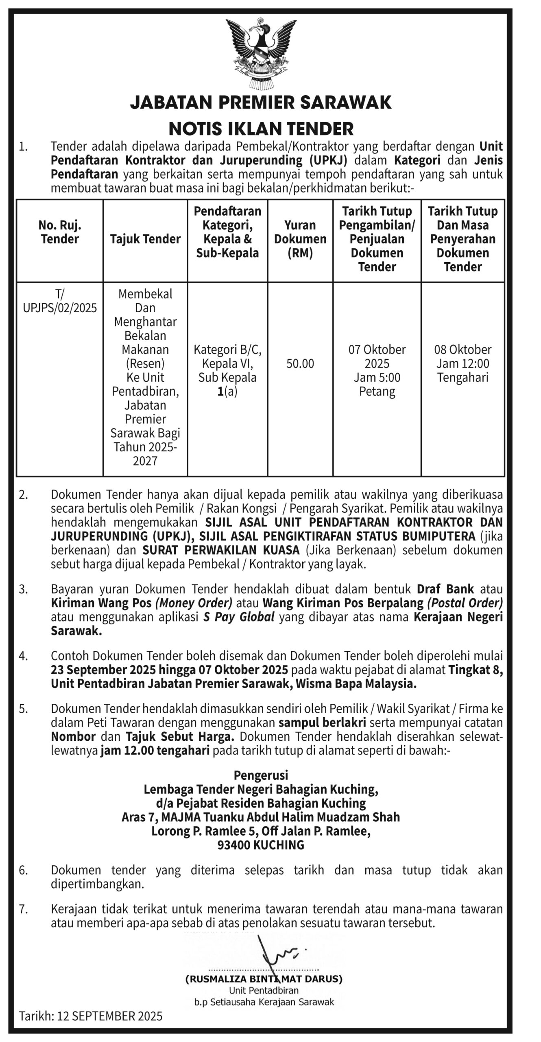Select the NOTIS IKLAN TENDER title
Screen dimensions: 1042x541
point(261,129)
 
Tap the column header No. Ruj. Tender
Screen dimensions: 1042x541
point(60,232)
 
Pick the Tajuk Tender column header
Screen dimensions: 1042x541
point(145,239)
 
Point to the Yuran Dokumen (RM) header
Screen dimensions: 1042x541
point(300,239)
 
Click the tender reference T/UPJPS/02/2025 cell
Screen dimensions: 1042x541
point(60,301)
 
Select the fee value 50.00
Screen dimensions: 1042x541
point(300,363)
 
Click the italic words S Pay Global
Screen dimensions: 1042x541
point(239,617)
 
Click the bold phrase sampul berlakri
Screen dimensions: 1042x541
point(323,723)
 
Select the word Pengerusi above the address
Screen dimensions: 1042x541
point(261,775)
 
